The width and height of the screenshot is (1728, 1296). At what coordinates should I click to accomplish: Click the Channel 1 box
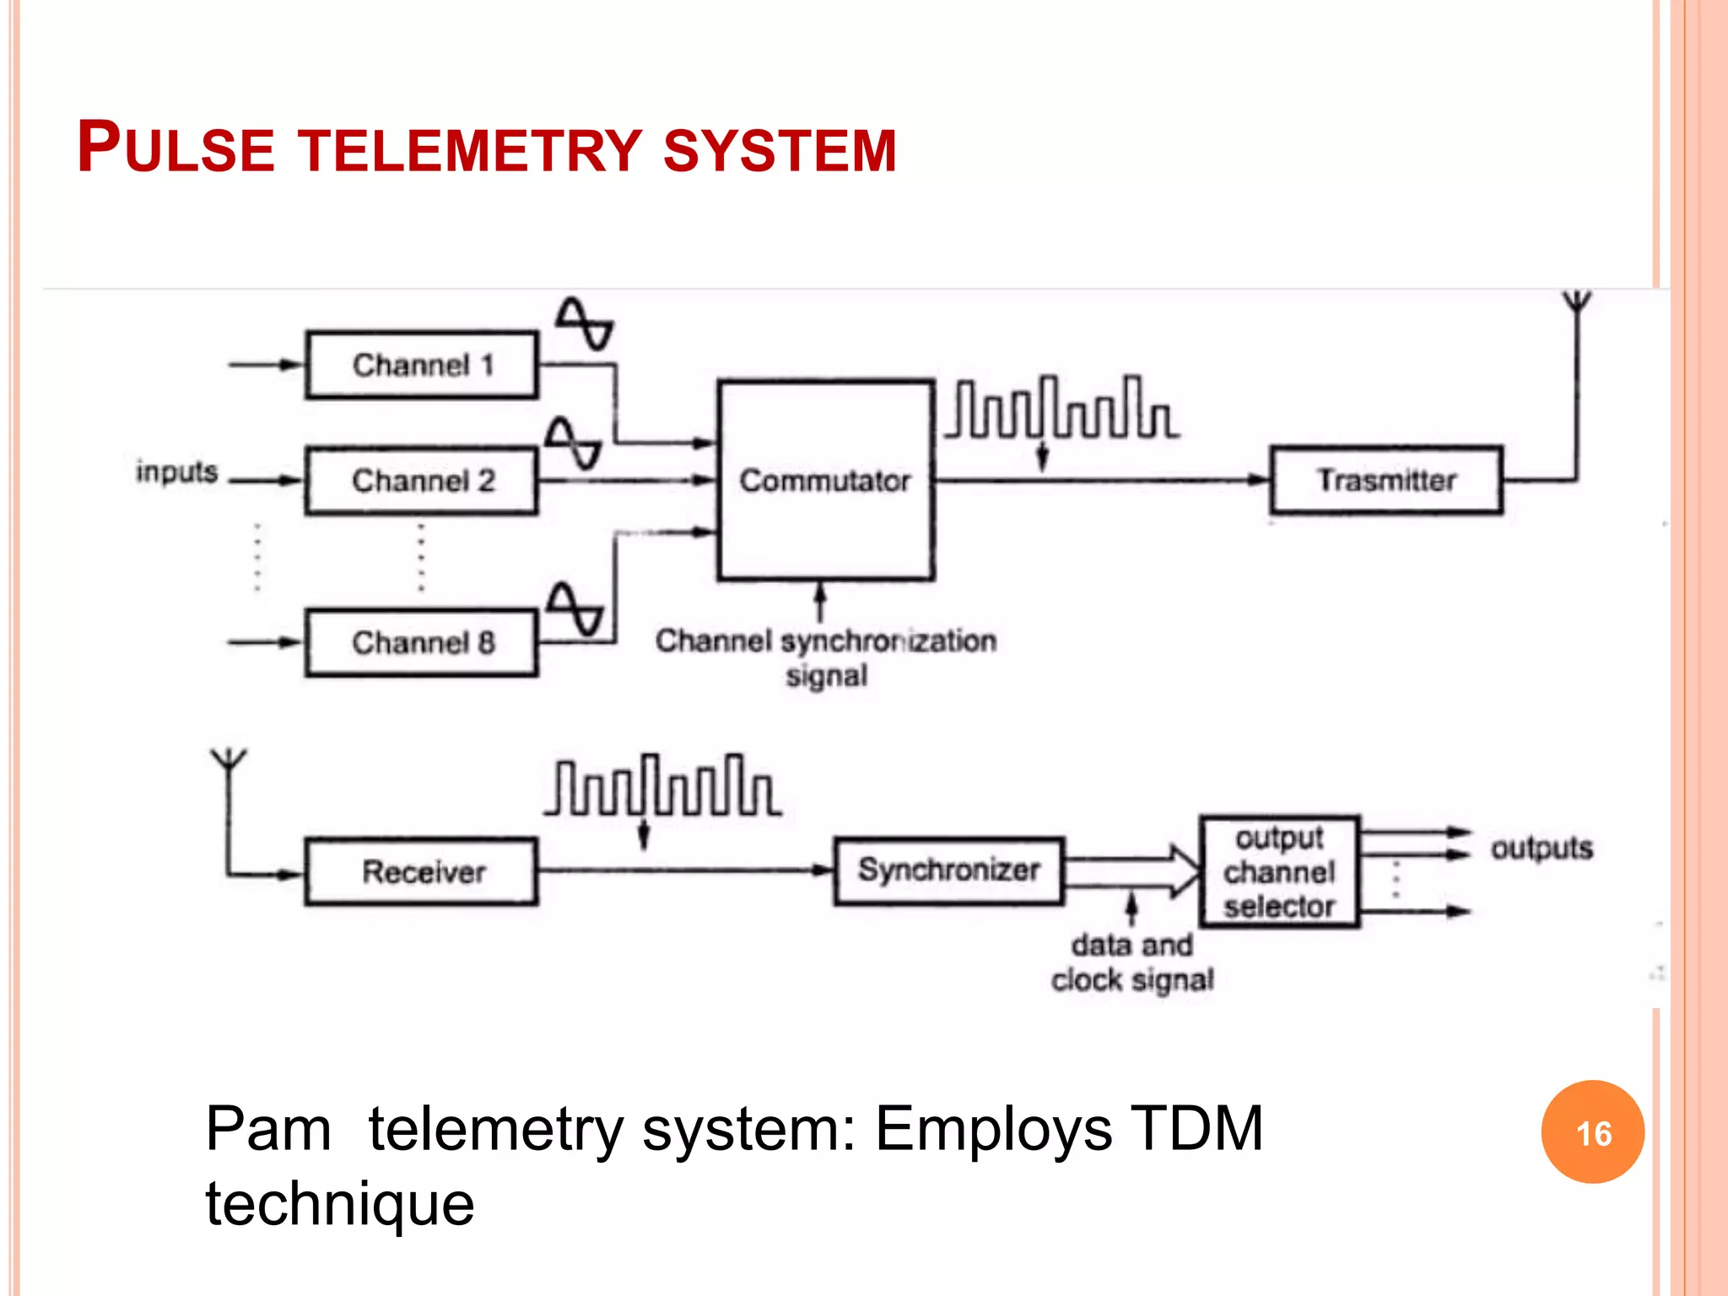pos(422,364)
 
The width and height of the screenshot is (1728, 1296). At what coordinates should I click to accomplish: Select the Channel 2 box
pos(422,480)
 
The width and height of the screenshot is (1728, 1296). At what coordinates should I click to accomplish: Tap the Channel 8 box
pos(422,642)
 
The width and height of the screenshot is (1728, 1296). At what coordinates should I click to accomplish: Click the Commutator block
pos(825,480)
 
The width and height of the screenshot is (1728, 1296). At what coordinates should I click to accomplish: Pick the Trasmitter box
pos(1386,480)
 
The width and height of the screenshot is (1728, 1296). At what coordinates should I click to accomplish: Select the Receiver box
pos(422,871)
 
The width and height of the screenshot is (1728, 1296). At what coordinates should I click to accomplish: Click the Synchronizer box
pos(949,870)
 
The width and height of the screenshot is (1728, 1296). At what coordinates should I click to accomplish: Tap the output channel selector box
pos(1279,871)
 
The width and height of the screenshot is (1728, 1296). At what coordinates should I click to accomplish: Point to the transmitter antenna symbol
pos(1576,305)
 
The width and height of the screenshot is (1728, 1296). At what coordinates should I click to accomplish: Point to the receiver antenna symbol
pos(229,759)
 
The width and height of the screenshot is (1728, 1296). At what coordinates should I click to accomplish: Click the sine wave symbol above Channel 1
pos(584,324)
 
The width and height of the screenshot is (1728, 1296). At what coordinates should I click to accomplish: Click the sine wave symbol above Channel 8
pos(574,608)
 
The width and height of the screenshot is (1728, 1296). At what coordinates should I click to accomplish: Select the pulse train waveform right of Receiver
pos(662,786)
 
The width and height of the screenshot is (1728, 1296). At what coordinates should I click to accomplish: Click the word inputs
pos(176,472)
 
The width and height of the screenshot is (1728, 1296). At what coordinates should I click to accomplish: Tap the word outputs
pos(1541,847)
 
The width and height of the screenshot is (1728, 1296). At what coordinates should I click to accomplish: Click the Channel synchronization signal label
pos(825,657)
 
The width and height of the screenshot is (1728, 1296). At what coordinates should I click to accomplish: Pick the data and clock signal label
pos(1132,962)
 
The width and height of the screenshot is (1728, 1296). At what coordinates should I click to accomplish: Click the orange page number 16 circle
pos(1592,1132)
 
